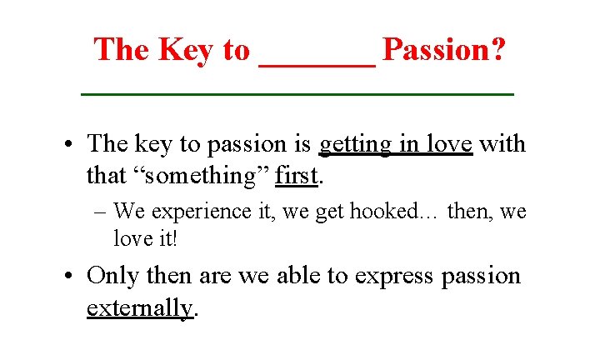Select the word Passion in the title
(x=437, y=50)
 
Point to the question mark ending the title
(x=497, y=50)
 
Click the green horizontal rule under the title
(x=297, y=95)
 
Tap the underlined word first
(x=297, y=176)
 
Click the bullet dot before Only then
(x=73, y=277)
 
